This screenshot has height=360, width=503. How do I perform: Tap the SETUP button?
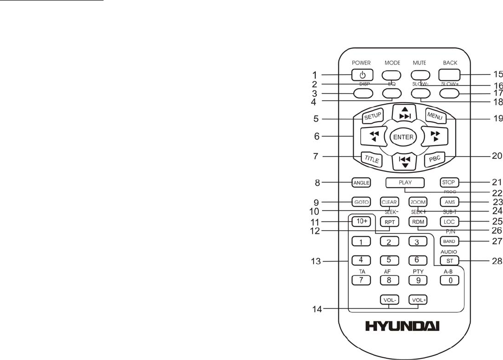pos(370,116)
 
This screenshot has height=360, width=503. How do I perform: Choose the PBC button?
pos(434,159)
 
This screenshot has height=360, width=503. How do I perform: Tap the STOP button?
pos(449,182)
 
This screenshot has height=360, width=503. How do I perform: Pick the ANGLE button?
pos(361,182)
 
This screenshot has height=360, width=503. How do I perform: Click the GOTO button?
pos(361,201)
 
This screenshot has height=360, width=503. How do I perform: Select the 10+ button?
pos(361,222)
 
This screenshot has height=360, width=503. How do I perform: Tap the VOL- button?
pos(389,300)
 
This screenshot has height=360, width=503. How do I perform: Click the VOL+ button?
pos(418,300)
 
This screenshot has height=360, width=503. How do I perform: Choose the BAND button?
pos(449,242)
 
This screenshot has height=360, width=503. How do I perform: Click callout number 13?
pos(315,261)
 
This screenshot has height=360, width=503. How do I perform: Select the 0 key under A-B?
pos(449,281)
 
